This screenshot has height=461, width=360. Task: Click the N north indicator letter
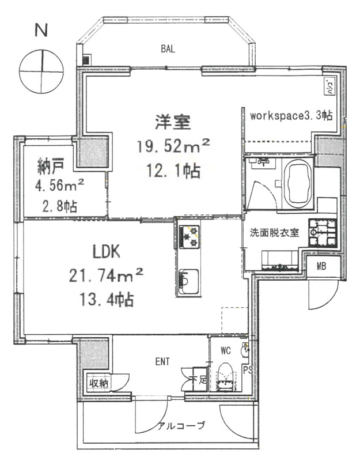pos(40,31)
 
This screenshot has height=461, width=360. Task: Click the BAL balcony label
pos(168,49)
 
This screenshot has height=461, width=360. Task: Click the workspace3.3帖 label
pos(291,115)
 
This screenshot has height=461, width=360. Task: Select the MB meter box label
pos(320,266)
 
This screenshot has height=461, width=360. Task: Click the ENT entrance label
pos(162,362)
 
